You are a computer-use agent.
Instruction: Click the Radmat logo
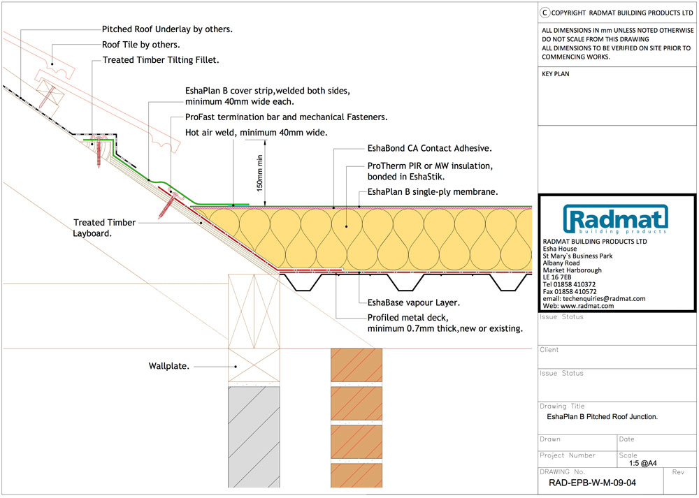tap(616, 219)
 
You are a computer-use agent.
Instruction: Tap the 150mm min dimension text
tap(260, 173)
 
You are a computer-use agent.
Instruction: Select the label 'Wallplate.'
tap(169, 366)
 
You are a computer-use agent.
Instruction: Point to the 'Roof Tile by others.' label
tap(141, 45)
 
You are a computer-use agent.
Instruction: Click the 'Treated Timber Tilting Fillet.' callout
tap(161, 59)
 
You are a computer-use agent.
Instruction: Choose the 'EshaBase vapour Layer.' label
tap(414, 303)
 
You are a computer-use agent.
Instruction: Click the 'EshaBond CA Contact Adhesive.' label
tap(430, 148)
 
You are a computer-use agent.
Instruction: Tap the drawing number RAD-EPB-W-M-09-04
tap(593, 483)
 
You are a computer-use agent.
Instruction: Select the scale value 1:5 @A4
tap(643, 463)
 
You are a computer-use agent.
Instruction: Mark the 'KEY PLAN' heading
tap(556, 74)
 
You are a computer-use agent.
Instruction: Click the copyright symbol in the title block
tap(545, 13)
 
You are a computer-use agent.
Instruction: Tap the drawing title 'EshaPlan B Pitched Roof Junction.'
tap(603, 417)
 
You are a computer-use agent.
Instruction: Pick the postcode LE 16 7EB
tap(557, 277)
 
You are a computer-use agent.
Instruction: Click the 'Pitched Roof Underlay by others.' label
tap(167, 29)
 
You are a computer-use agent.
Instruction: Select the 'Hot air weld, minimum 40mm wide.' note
tap(257, 133)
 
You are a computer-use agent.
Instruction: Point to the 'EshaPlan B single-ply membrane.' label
tap(433, 192)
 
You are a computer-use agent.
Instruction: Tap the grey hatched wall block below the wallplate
tap(254, 437)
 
